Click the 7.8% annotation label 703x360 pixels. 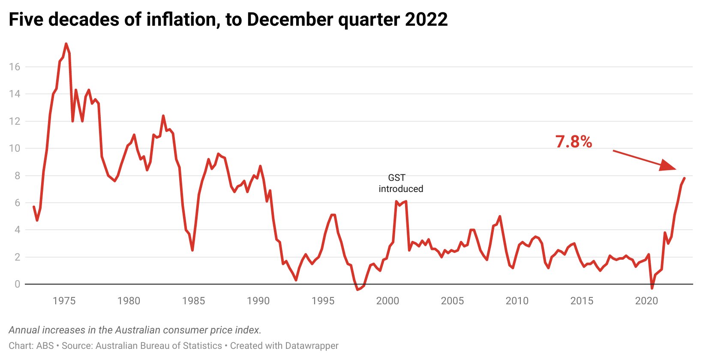[x=574, y=142]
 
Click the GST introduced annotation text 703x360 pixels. [x=401, y=183]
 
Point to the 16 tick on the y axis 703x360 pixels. [x=15, y=67]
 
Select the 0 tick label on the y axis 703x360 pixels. [x=17, y=284]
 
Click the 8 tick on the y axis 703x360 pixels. [x=17, y=176]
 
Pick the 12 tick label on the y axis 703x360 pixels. [x=15, y=121]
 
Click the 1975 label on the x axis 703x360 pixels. [x=64, y=301]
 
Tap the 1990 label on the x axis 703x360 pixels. [x=258, y=301]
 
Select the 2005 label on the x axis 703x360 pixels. [x=452, y=301]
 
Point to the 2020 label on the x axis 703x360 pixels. [x=646, y=301]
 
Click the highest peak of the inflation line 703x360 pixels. [x=66, y=44]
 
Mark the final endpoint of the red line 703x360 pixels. [x=684, y=178]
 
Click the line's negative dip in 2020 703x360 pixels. [x=652, y=288]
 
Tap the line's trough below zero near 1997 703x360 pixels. [x=357, y=290]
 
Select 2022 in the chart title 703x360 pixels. [x=426, y=20]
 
